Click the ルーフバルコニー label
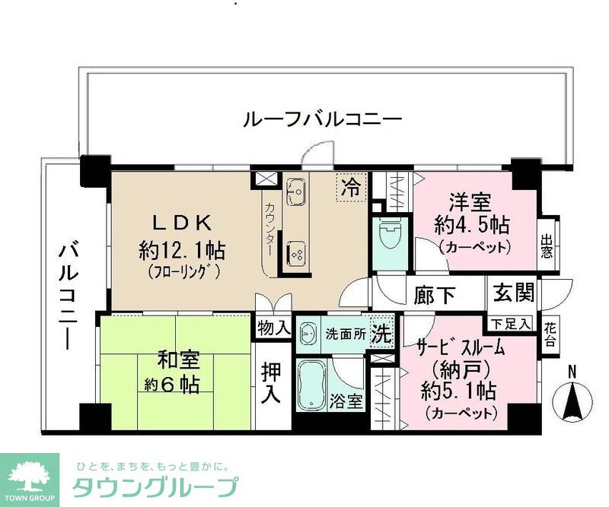322,119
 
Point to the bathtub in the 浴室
312,384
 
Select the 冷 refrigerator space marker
351,185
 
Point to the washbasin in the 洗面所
308,333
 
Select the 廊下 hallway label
435,293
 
